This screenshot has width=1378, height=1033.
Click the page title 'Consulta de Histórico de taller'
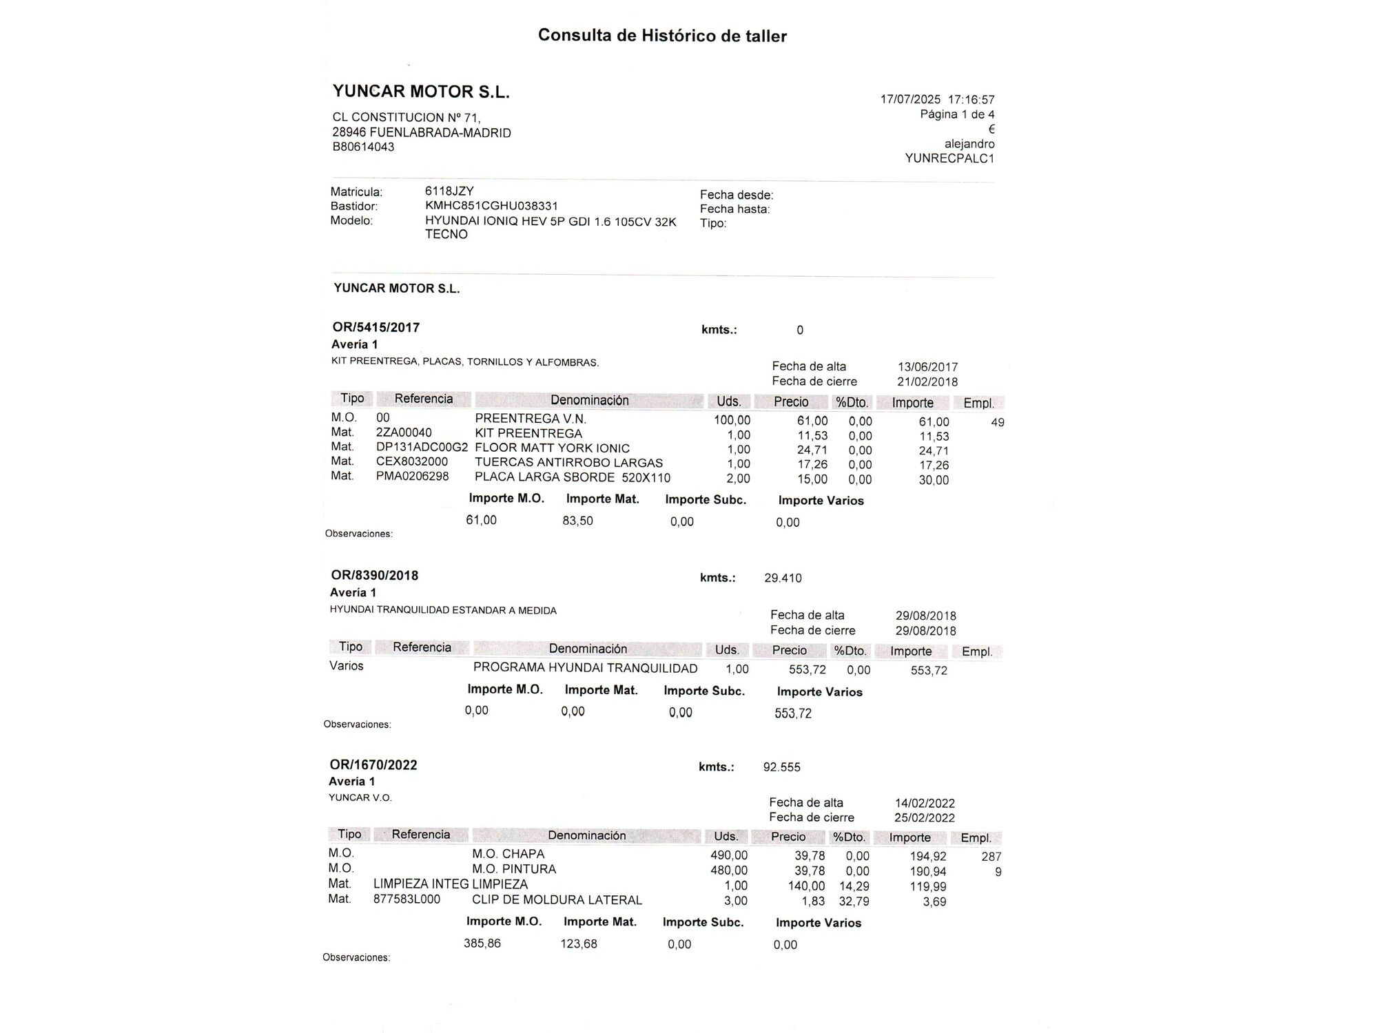click(x=662, y=36)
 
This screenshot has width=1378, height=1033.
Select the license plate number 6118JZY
click(x=449, y=191)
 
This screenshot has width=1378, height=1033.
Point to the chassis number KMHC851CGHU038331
click(x=491, y=206)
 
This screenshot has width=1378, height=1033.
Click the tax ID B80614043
click(x=363, y=147)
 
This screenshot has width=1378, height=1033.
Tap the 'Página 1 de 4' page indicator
click(x=957, y=114)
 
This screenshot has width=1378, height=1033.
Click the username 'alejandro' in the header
click(x=969, y=144)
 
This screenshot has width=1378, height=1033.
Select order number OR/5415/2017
click(x=376, y=328)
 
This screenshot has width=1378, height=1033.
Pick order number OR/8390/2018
click(x=374, y=576)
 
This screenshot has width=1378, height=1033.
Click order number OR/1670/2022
click(x=373, y=765)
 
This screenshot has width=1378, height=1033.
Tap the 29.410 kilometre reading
click(x=783, y=578)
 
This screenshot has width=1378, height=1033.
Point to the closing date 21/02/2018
click(x=927, y=382)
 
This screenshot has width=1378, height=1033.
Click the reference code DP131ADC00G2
click(x=422, y=448)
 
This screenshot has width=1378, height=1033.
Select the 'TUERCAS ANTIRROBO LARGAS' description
click(x=568, y=463)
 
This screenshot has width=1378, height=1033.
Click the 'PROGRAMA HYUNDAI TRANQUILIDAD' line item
click(x=585, y=668)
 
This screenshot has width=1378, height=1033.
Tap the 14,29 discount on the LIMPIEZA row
click(x=854, y=886)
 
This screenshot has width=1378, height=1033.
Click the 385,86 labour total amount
click(x=482, y=943)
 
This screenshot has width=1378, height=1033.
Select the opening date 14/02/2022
click(x=925, y=804)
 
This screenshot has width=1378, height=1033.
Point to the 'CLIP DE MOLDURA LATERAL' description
click(x=557, y=900)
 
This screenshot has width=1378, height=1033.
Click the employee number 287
click(x=991, y=857)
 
